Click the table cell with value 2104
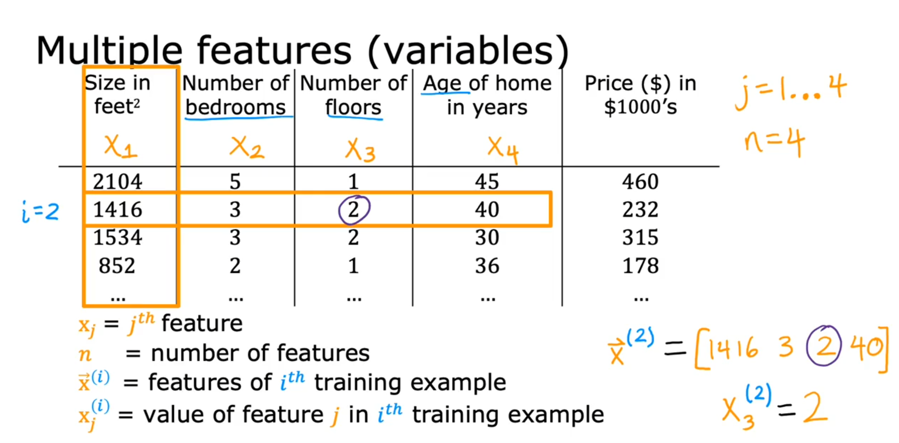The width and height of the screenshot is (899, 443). click(117, 182)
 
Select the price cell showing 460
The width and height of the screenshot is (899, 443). click(640, 182)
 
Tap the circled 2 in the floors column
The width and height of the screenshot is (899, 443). click(354, 209)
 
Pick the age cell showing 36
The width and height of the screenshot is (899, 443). click(487, 266)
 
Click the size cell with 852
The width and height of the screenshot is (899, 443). click(117, 266)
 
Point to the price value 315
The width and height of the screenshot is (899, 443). click(640, 237)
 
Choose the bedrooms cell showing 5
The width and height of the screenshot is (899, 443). click(235, 182)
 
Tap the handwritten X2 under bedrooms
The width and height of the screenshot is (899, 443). click(247, 147)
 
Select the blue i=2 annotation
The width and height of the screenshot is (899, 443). click(40, 212)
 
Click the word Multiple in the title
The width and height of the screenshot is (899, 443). click(109, 50)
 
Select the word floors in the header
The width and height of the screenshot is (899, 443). click(353, 107)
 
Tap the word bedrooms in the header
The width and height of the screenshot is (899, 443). click(236, 107)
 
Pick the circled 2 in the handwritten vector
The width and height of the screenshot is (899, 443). click(823, 346)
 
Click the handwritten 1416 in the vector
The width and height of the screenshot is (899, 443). click(733, 348)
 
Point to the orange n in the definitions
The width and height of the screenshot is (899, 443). click(85, 354)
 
